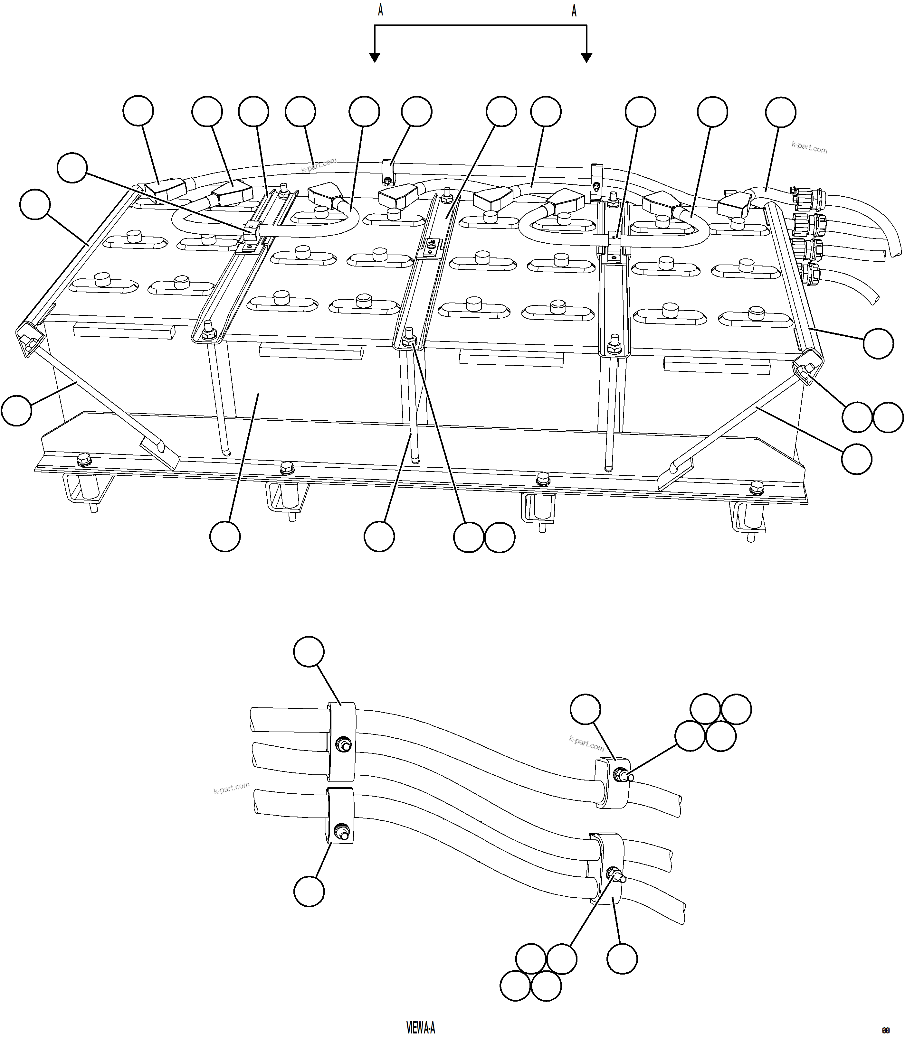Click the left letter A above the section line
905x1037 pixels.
click(x=380, y=11)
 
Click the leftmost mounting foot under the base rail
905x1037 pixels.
click(x=81, y=492)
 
